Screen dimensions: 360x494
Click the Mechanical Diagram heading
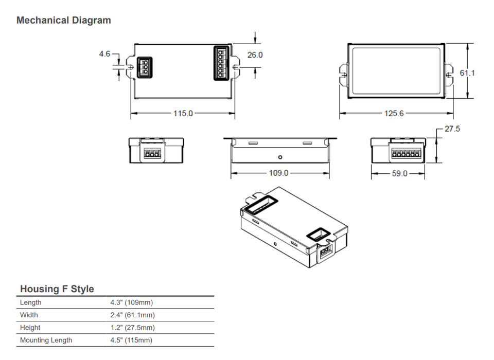pos(64,21)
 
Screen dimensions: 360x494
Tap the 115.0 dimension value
pos(183,114)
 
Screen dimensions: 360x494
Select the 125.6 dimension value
pos(394,114)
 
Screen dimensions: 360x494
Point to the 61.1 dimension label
pos(467,73)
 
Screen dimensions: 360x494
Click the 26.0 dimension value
pos(255,55)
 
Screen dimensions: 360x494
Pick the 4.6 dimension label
pos(105,53)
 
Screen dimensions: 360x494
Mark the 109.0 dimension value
pos(279,173)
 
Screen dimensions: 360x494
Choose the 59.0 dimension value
pos(399,174)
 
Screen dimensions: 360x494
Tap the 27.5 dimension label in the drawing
pos(452,129)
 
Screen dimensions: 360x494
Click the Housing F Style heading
pos(57,289)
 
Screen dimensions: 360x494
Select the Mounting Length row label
pos(46,340)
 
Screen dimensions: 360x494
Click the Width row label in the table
pos(29,315)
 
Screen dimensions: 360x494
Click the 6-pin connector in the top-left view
pos(221,63)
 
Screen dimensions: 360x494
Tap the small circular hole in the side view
pos(280,157)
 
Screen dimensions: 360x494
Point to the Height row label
pos(30,328)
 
